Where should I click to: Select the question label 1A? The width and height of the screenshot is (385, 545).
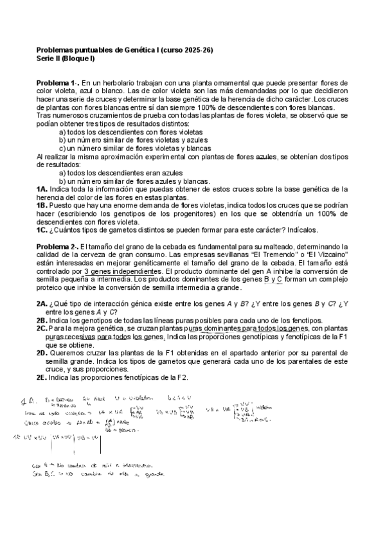click(x=42, y=190)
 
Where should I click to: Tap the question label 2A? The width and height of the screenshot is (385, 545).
click(x=42, y=304)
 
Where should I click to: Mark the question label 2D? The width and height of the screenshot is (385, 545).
click(x=42, y=353)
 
